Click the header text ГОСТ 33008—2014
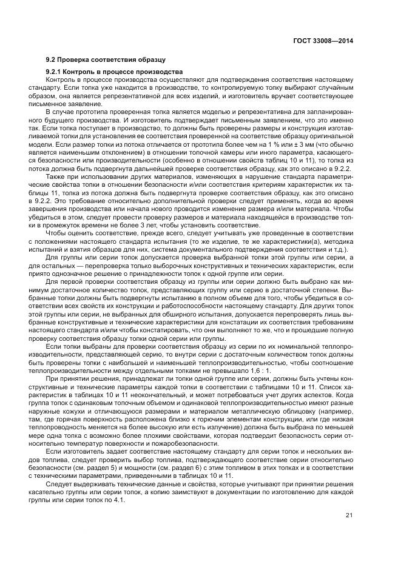(323, 41)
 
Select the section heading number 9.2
(51, 60)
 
